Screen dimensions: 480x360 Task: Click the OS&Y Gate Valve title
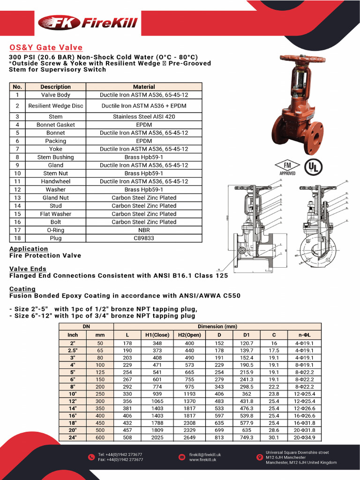coord(46,47)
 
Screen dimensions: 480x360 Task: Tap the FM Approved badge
coord(286,167)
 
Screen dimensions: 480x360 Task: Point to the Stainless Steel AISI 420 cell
coord(144,117)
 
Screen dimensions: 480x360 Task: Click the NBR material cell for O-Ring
coord(144,230)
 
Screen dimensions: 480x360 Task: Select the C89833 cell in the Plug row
coord(144,238)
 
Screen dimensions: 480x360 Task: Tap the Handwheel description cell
coord(55,181)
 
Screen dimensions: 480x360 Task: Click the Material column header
coord(144,87)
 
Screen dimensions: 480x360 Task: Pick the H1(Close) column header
coord(154,335)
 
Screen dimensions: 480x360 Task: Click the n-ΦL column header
coord(305,335)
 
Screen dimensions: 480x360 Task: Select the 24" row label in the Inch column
coord(73,437)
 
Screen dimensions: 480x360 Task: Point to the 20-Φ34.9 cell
coord(305,437)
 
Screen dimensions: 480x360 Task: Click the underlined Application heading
coord(29,249)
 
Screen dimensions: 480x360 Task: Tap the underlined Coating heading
coord(22,289)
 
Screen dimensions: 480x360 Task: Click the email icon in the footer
coord(182,457)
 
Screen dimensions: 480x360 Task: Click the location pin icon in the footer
coord(257,457)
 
